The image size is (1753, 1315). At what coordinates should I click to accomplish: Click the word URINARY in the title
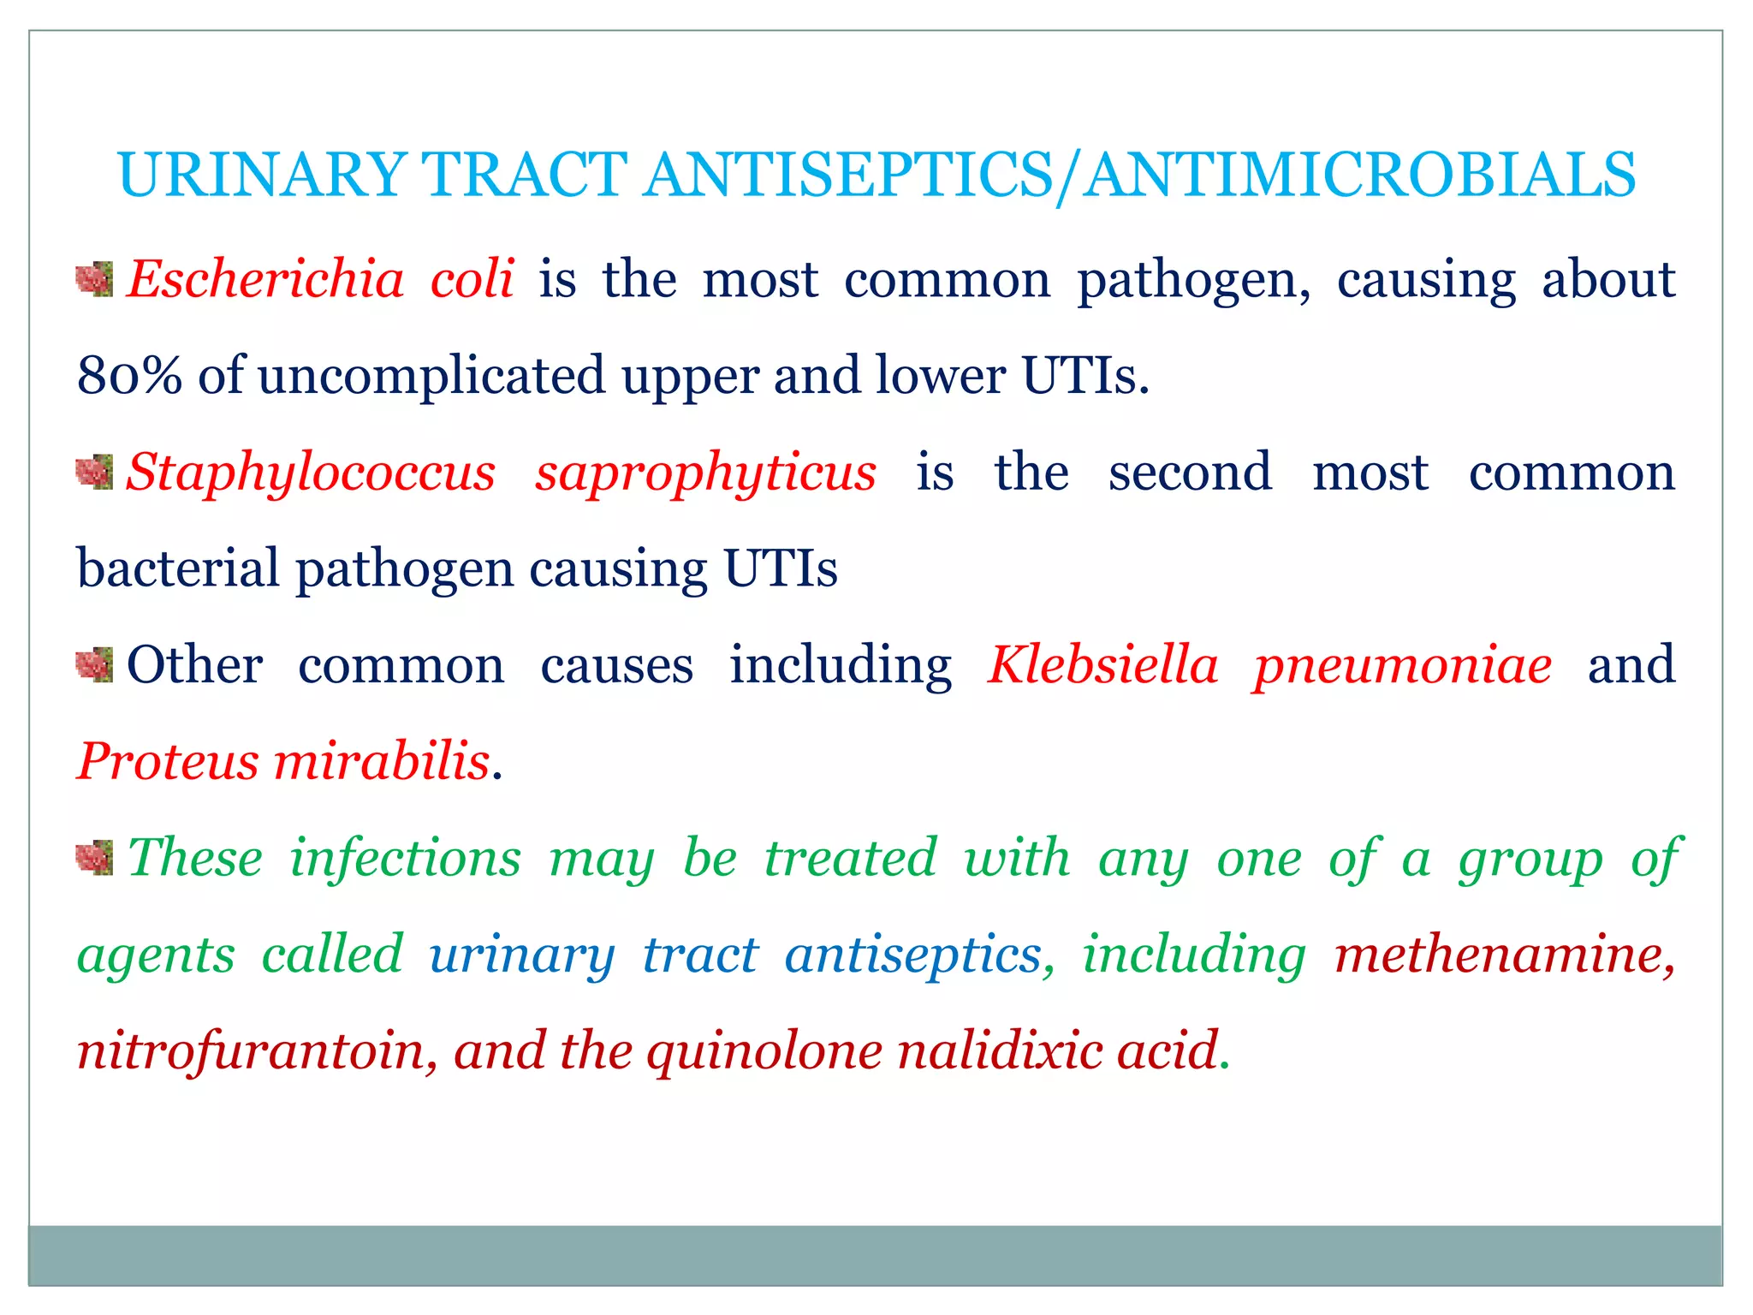(262, 175)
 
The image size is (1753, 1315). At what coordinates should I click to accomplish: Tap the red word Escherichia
(265, 280)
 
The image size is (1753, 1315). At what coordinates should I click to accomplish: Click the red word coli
(472, 280)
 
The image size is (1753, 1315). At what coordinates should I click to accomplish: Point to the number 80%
(129, 376)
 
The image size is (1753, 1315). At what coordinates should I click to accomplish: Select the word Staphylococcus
(311, 473)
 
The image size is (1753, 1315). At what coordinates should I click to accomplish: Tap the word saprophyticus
(705, 473)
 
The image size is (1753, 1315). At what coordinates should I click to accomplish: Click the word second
(1190, 473)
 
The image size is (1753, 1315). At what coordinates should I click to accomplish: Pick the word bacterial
(178, 568)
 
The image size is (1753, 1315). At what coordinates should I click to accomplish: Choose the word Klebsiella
(1102, 665)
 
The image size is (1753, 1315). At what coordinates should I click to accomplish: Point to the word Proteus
(168, 761)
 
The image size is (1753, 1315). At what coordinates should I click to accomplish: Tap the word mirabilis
(382, 761)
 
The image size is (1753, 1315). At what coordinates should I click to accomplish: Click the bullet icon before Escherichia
(94, 280)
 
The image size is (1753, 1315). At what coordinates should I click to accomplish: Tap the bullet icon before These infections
(94, 858)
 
